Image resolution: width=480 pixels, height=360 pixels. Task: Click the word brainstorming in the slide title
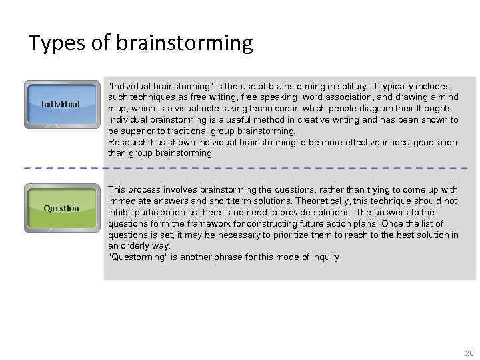click(x=185, y=44)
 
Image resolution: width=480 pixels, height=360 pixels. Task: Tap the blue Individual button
click(x=61, y=104)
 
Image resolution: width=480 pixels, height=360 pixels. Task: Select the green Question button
click(x=61, y=209)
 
